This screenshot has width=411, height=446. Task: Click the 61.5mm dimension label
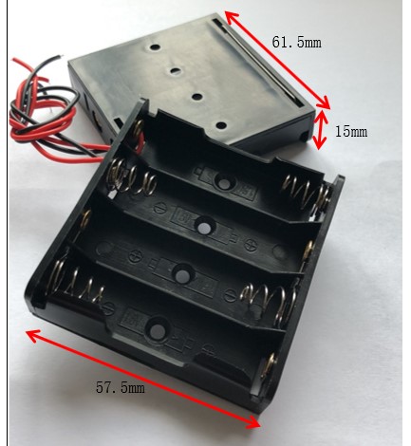click(296, 43)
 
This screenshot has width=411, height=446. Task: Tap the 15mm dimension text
click(351, 132)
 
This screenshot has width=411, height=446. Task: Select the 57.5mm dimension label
click(121, 387)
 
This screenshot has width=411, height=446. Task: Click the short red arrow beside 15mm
click(320, 129)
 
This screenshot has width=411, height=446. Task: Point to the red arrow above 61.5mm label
click(277, 60)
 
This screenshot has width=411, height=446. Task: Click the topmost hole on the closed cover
click(155, 47)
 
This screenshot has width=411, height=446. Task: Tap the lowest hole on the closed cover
click(221, 125)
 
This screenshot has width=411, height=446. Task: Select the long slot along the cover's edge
click(259, 64)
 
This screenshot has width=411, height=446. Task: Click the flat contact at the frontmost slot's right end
click(269, 366)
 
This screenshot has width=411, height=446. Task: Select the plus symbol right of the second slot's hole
click(251, 244)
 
